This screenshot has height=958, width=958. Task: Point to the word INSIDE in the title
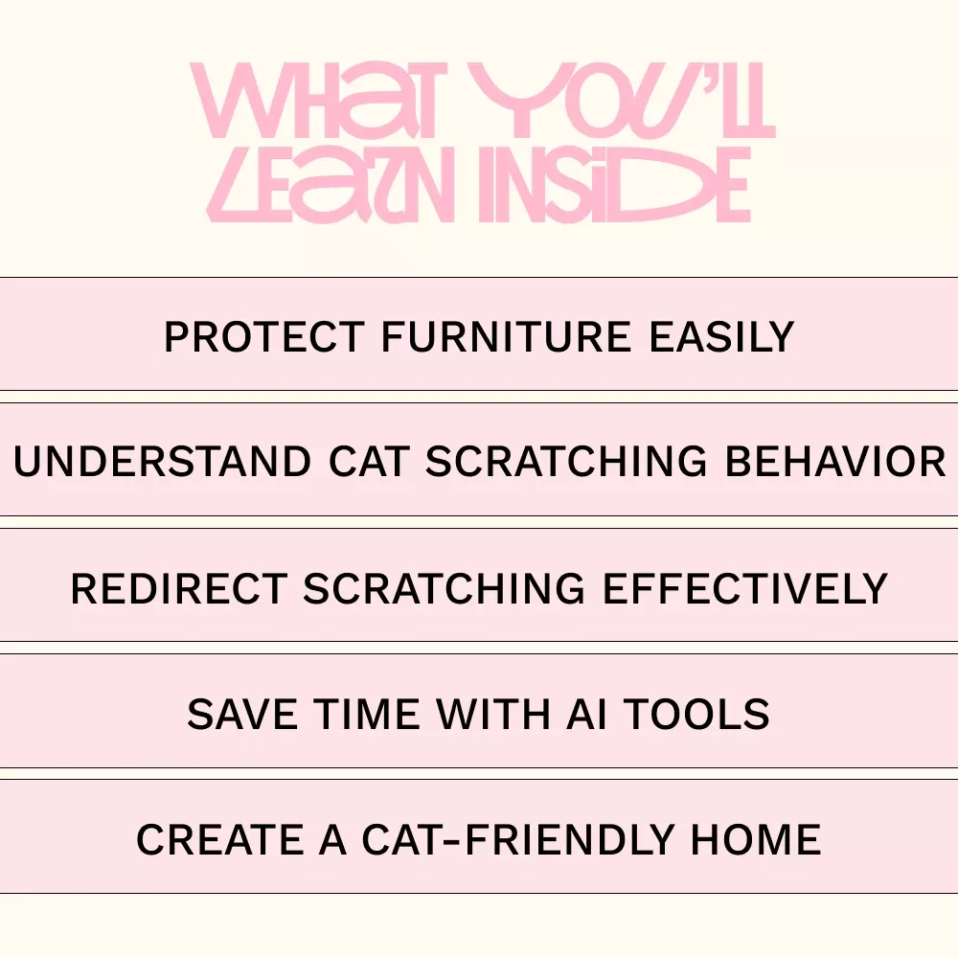[x=615, y=185]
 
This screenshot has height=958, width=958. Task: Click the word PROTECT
[x=264, y=336]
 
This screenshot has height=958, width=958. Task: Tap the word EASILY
[x=721, y=336]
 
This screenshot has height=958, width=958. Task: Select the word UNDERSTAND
[x=163, y=462]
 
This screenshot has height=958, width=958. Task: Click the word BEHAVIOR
[x=835, y=462]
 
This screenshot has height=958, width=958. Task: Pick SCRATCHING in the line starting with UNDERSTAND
[x=566, y=462]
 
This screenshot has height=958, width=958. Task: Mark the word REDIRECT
[x=179, y=588]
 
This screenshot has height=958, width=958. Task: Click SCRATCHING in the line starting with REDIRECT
[x=445, y=588]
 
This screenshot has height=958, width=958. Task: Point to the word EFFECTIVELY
[x=745, y=588]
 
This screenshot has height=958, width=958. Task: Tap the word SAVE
[x=242, y=715]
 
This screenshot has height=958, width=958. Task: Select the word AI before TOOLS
[x=586, y=715]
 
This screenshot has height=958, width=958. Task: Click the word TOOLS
[x=696, y=715]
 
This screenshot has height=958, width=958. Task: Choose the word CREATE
[x=220, y=839]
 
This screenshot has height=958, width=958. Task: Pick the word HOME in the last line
[x=756, y=839]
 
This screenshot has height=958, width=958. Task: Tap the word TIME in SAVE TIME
[x=367, y=715]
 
